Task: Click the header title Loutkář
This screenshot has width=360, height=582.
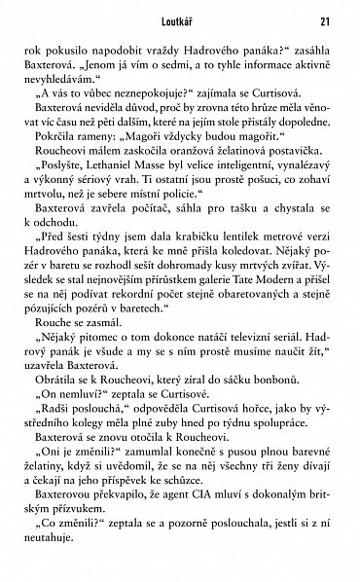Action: [x=179, y=19]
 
